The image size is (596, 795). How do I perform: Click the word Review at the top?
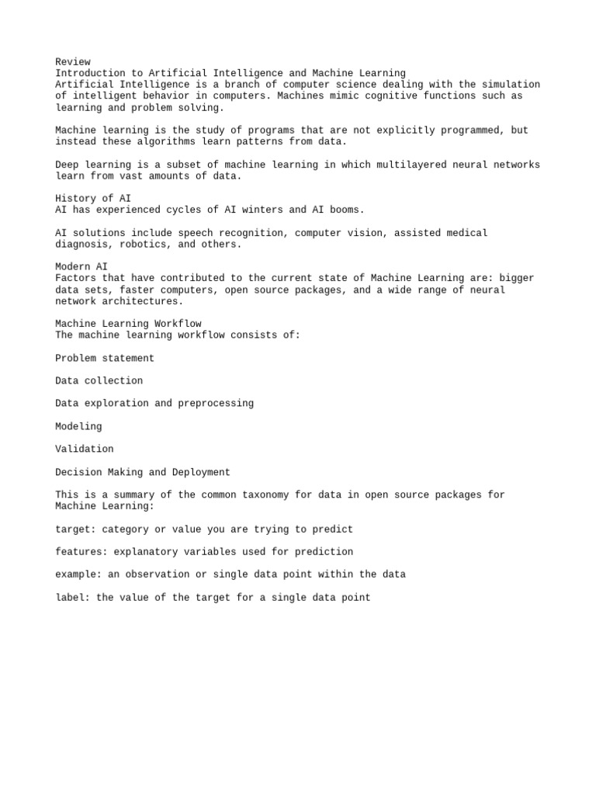[x=73, y=62]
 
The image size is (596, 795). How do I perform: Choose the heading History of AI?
[x=93, y=199]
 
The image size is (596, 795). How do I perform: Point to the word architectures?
[x=140, y=301]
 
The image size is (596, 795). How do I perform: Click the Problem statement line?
[x=105, y=359]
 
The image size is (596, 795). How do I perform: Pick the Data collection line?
[x=99, y=381]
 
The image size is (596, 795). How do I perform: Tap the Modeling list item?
[x=78, y=427]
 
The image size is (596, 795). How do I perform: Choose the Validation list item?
[x=85, y=450]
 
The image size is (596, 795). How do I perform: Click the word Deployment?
[x=201, y=472]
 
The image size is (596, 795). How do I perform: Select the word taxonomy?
[x=265, y=495]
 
